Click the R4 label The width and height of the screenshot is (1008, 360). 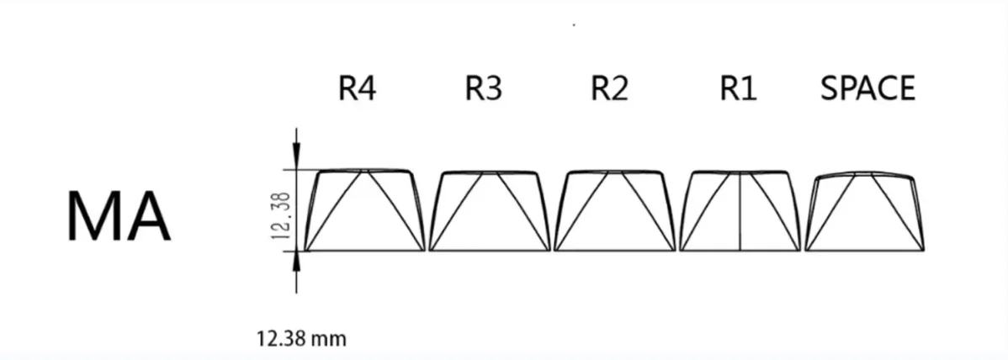point(356,88)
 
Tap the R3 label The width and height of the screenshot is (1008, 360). point(483,88)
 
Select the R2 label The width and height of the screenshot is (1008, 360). point(609,88)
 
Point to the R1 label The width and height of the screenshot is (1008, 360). point(738,88)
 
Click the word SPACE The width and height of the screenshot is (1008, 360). point(867,88)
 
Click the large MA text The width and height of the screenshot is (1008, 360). point(119,217)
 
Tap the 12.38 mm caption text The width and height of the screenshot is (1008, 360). point(300,340)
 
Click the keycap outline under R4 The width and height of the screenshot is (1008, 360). point(365,210)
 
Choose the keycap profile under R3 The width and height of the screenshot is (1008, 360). point(490,210)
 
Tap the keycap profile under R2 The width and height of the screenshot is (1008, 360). point(614,210)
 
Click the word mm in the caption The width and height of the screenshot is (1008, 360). point(329,340)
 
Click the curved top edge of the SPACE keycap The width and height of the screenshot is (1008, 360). point(865,173)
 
